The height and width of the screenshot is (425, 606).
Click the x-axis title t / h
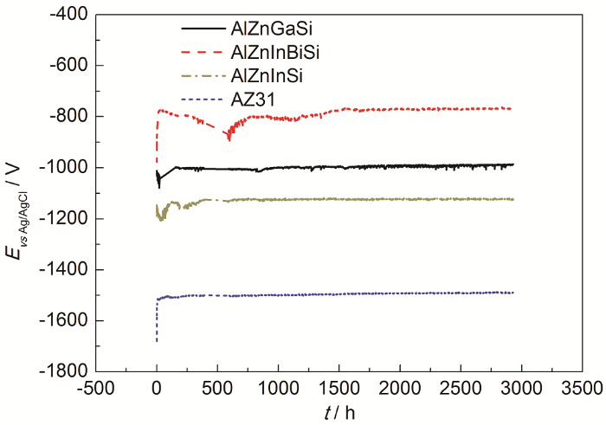338,412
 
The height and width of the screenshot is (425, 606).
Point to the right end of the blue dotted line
513,293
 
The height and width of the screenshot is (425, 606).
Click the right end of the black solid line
513,164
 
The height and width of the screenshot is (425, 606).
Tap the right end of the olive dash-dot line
513,199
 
